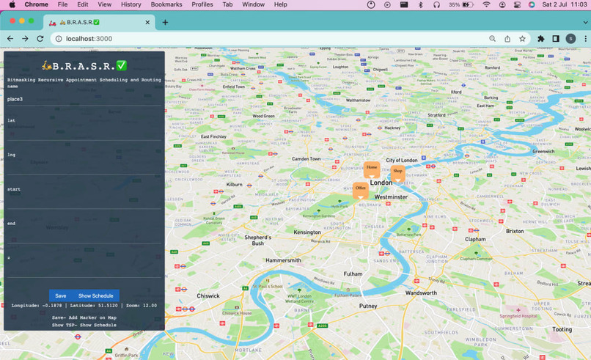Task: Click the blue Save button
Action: [x=60, y=295]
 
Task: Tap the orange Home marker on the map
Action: [x=372, y=168]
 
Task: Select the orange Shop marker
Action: [x=397, y=172]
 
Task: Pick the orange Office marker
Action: [x=360, y=188]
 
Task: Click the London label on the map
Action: [x=381, y=183]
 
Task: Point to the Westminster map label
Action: [x=391, y=197]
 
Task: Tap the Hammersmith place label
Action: [x=283, y=260]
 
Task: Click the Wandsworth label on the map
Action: [x=421, y=293]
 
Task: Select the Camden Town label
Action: [x=306, y=158]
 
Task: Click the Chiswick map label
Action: [x=208, y=296]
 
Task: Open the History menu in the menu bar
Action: [x=131, y=4]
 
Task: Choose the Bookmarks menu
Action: [x=166, y=4]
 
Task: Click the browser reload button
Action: [x=40, y=39]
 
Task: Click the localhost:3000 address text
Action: [x=89, y=39]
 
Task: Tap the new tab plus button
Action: [x=165, y=22]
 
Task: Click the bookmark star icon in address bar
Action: [x=522, y=39]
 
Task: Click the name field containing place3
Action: [x=84, y=99]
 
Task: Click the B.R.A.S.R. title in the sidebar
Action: [x=84, y=65]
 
